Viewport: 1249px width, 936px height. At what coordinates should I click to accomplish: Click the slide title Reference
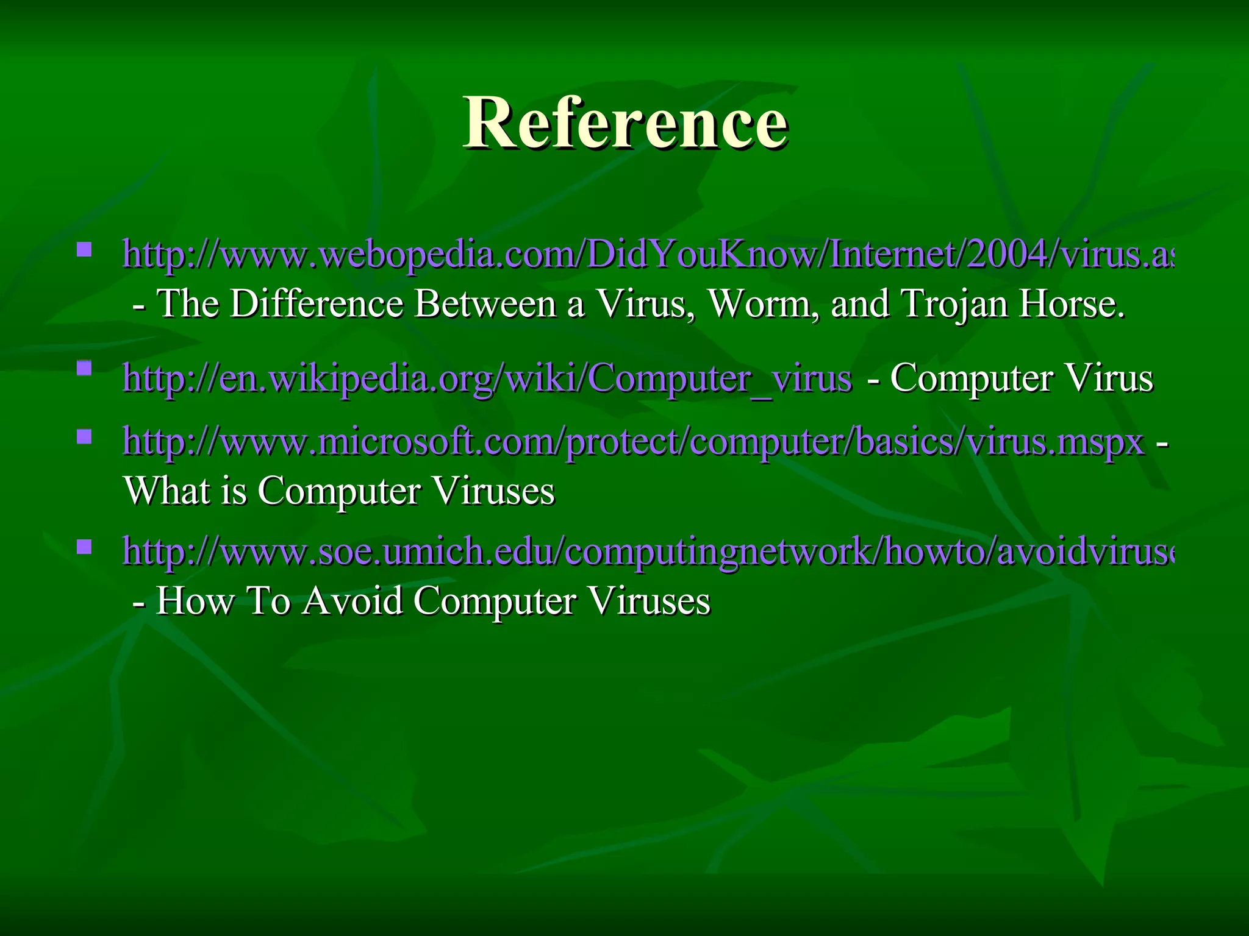pos(625,123)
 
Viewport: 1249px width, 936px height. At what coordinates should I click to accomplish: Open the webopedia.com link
pos(646,254)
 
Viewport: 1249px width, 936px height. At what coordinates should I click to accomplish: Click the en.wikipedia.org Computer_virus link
pos(487,378)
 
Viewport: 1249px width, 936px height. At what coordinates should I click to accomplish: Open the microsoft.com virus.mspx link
pos(633,441)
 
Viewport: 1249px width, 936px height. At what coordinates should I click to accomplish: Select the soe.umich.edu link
pos(646,551)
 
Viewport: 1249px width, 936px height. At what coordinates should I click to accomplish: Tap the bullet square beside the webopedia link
pos(85,249)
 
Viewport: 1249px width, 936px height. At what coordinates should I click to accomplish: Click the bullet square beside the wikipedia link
pos(85,369)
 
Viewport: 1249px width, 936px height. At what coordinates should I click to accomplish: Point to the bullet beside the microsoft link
pos(85,436)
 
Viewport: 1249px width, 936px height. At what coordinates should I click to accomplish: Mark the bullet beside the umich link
pos(85,546)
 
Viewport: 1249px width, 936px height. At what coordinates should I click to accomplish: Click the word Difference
pos(317,303)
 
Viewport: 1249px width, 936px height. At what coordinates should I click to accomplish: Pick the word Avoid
pos(353,601)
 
